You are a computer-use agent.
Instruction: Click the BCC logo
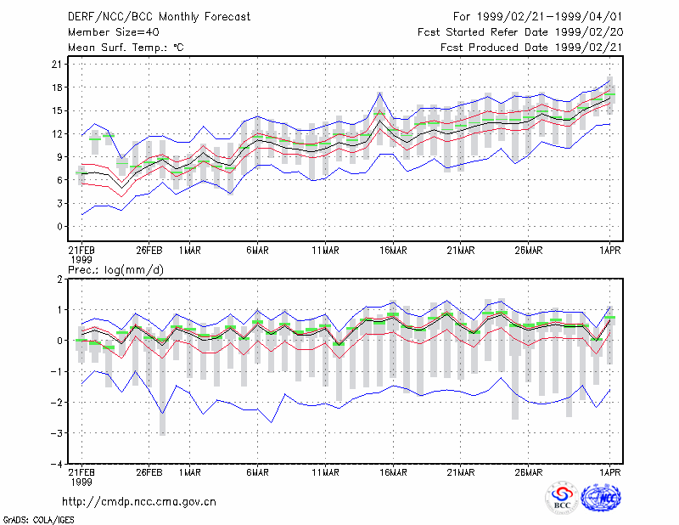tap(562, 497)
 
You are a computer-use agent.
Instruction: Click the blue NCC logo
tap(601, 498)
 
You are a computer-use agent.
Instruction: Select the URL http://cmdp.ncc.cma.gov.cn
tap(139, 502)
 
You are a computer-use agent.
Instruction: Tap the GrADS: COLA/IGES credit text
tap(38, 520)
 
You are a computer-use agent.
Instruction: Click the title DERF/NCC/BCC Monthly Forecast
tap(159, 17)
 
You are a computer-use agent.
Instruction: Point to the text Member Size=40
tap(114, 32)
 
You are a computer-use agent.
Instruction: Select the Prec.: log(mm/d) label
tap(115, 270)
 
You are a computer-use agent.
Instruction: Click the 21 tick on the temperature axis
tap(57, 65)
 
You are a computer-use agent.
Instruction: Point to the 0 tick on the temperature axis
tap(59, 226)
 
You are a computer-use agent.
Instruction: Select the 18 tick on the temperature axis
tap(57, 87)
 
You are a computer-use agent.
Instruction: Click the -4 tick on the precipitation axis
tap(56, 464)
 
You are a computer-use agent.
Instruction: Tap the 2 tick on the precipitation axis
tap(59, 279)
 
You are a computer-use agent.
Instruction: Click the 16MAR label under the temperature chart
tap(393, 251)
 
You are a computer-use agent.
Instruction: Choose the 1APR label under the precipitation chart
tap(609, 472)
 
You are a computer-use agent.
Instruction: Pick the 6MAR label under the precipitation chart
tap(258, 472)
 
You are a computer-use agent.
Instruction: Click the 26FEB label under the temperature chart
tap(149, 251)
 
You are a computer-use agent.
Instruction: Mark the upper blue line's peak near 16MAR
tap(379, 93)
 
